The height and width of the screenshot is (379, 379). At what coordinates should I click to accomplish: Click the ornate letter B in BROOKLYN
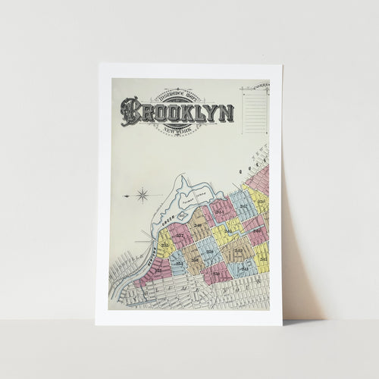pos(130,111)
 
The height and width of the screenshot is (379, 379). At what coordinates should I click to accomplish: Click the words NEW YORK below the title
pos(177,130)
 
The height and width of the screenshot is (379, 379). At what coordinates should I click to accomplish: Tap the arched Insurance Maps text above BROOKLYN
pos(177,98)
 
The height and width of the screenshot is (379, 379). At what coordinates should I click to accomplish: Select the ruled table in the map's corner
pos(255,111)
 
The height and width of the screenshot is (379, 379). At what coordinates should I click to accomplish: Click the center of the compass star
pos(143,196)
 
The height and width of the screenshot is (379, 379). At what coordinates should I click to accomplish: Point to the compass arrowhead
pos(126,196)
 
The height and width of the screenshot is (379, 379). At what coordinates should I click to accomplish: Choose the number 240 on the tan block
pos(199,225)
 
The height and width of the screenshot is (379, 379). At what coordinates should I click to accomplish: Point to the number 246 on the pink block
pos(256,230)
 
